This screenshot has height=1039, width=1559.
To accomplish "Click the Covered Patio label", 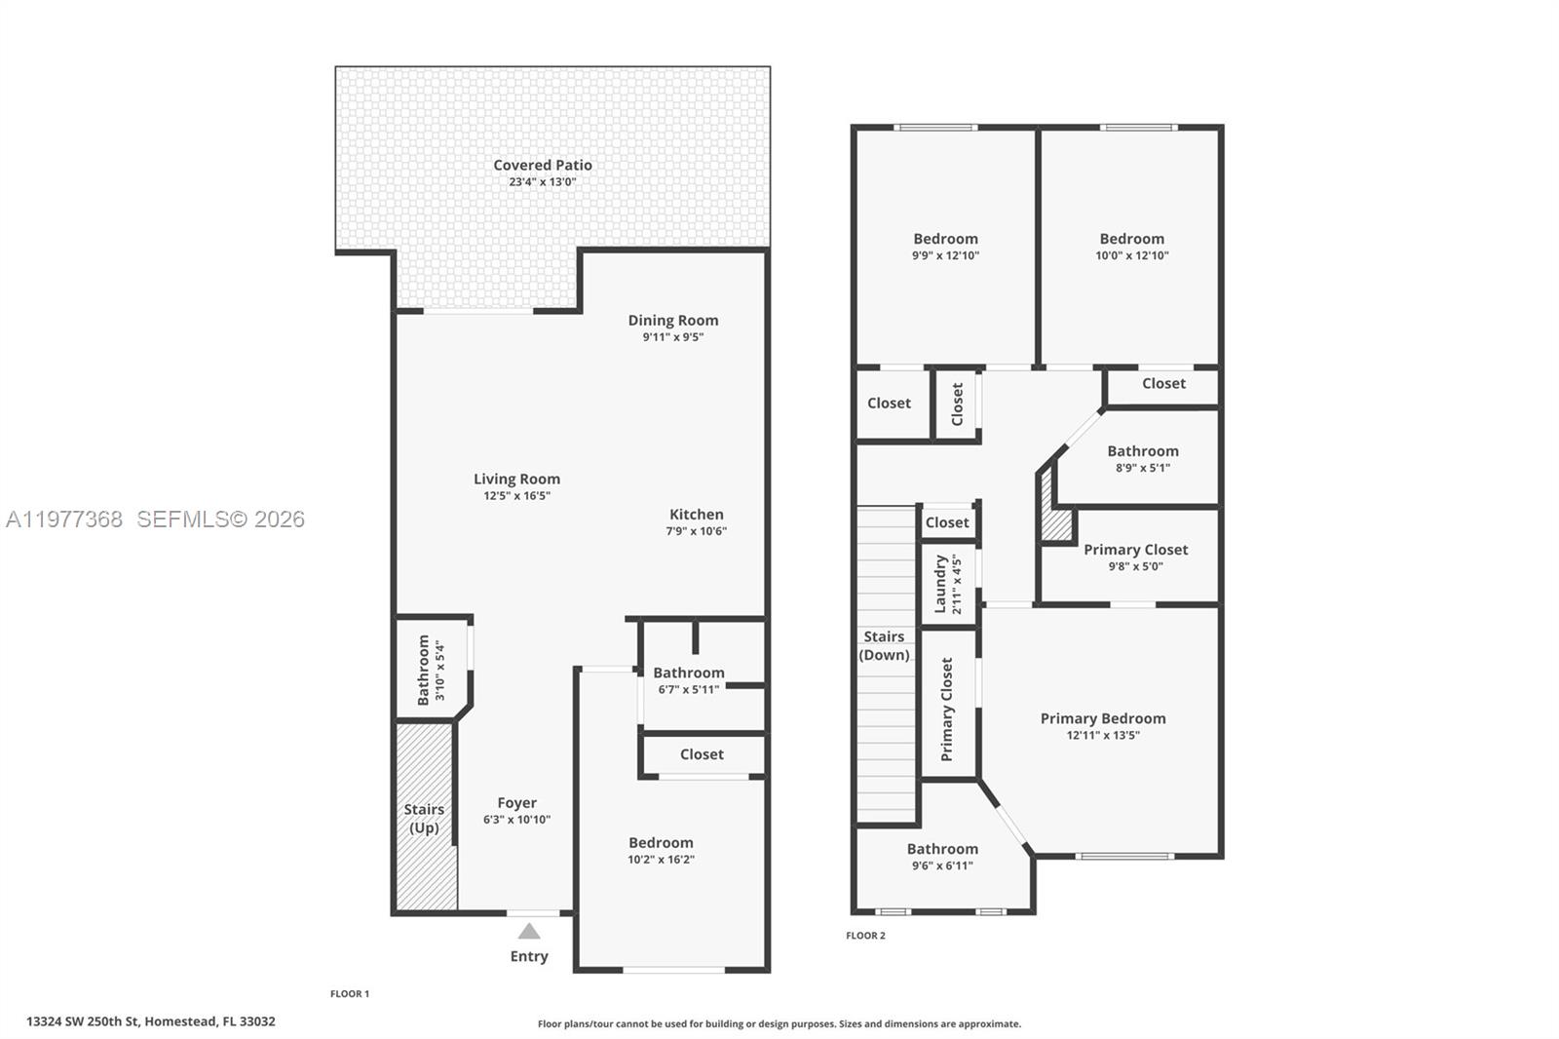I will click(542, 166).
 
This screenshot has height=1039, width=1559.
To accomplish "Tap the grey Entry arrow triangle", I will click(529, 932).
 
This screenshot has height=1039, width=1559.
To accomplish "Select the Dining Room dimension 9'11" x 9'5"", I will click(672, 337).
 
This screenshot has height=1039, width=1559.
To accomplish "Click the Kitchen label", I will click(696, 515).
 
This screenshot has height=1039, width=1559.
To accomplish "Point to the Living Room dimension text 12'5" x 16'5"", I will click(516, 495).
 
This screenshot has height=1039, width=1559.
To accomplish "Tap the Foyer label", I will click(516, 803).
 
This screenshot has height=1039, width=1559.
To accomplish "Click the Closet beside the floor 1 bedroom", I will click(702, 754).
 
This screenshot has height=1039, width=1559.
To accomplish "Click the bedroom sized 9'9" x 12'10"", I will click(945, 247).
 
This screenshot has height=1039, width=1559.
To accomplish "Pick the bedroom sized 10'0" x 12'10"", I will click(1131, 247).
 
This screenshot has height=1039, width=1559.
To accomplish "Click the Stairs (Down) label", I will click(884, 645).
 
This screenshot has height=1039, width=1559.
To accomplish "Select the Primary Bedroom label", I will click(1102, 718).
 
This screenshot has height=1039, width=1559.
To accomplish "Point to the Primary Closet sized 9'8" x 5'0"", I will click(1135, 557).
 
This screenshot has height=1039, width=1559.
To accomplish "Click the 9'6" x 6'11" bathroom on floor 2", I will click(942, 856).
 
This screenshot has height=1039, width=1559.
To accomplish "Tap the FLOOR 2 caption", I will click(865, 936).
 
